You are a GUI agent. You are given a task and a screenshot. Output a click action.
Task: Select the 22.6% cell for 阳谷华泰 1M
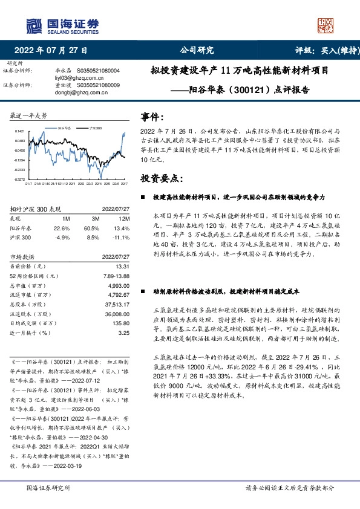[x=62, y=228]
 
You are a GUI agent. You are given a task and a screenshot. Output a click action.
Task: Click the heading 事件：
[x=152, y=116]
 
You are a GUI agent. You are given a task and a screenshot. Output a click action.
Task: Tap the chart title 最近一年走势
[x=29, y=114]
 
